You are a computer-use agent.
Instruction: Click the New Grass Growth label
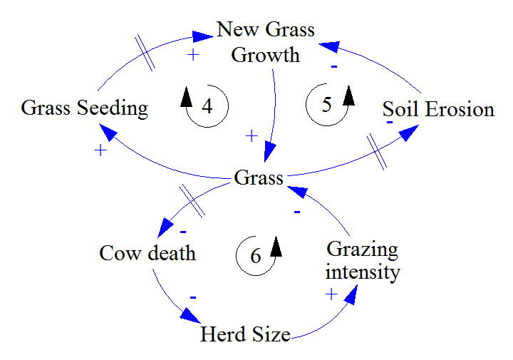coord(265,42)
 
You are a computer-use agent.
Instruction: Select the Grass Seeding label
coord(84,108)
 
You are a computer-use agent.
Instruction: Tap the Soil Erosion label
coord(438,109)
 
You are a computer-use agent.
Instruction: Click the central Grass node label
coord(259,178)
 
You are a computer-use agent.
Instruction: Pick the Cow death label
coord(147,253)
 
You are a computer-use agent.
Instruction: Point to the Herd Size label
coord(245,334)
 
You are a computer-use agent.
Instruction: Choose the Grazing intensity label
coord(362,261)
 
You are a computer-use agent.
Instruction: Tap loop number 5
coord(327,105)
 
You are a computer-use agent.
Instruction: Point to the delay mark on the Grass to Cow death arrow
coord(192,200)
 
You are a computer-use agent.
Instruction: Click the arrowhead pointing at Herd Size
coord(190,315)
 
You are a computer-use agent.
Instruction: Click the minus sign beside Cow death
coord(183,231)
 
